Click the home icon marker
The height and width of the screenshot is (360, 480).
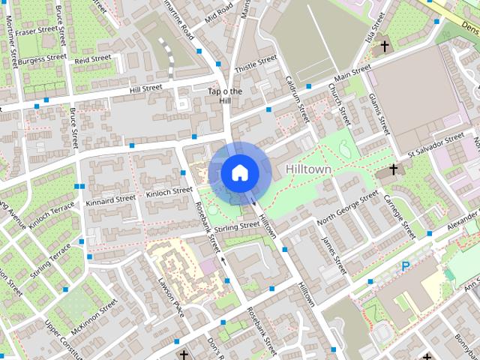(x=238, y=172)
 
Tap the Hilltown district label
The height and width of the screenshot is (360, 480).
(x=308, y=169)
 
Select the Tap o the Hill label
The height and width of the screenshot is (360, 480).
(x=225, y=96)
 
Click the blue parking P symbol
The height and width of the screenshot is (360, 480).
(x=405, y=266)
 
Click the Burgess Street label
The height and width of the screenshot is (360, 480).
(x=43, y=57)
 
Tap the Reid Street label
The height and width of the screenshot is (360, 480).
(x=93, y=58)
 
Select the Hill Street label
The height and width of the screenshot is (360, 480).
(x=145, y=88)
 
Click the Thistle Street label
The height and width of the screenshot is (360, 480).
(x=256, y=63)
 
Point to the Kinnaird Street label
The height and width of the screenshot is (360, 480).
(x=110, y=201)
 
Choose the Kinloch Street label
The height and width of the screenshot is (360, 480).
(x=169, y=191)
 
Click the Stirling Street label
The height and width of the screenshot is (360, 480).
(x=236, y=226)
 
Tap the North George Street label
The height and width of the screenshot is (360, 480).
(x=347, y=209)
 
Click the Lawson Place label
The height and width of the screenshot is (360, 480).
(x=170, y=295)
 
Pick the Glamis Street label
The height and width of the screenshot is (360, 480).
(x=379, y=112)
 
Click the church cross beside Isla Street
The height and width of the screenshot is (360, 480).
(x=385, y=46)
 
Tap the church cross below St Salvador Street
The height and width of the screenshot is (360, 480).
(x=391, y=171)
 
